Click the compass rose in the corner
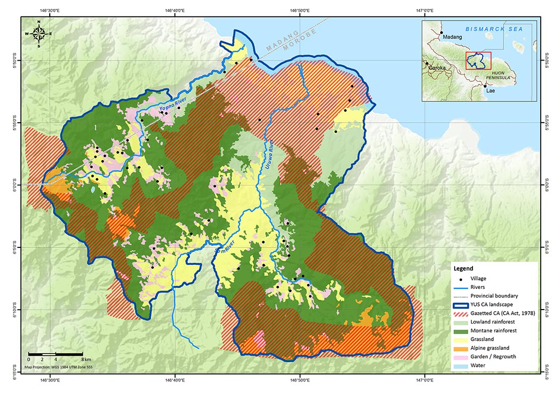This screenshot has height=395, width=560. (38, 33)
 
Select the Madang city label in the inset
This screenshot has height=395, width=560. (453, 37)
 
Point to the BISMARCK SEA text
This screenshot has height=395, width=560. (494, 30)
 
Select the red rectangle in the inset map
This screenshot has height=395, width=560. (478, 61)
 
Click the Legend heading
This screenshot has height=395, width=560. (463, 269)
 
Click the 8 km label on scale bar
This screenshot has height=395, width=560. (86, 359)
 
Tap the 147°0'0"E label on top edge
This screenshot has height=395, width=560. (425, 11)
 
